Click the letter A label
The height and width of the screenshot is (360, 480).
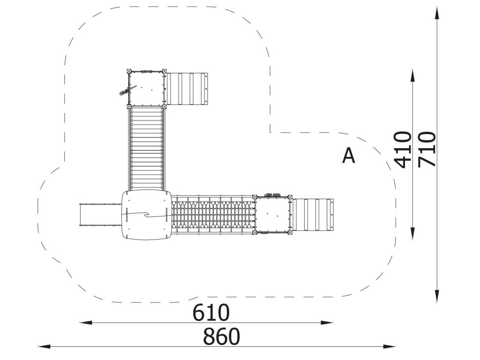(348, 156)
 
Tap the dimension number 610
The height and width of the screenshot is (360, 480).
(211, 313)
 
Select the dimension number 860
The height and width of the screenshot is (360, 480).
(221, 337)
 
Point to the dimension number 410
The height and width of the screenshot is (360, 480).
(403, 150)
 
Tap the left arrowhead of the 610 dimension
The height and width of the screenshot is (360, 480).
(86, 322)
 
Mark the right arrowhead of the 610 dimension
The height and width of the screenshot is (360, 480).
(327, 322)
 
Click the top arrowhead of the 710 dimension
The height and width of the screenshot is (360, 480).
(437, 14)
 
